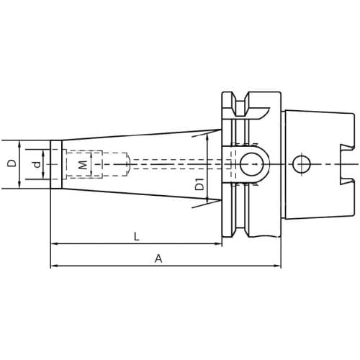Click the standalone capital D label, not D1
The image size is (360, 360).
point(12,164)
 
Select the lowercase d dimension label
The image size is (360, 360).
point(36,165)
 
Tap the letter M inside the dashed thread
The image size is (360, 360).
point(82,165)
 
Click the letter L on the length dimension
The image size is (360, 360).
point(136,236)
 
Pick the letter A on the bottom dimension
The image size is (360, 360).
point(158,258)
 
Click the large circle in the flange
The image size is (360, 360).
point(251,164)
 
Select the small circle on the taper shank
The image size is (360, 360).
point(302,165)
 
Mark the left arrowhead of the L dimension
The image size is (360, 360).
point(54,244)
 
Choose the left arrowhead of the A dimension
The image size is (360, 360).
point(54,266)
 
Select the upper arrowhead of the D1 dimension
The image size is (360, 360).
point(207,133)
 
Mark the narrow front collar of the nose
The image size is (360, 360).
point(55,164)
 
